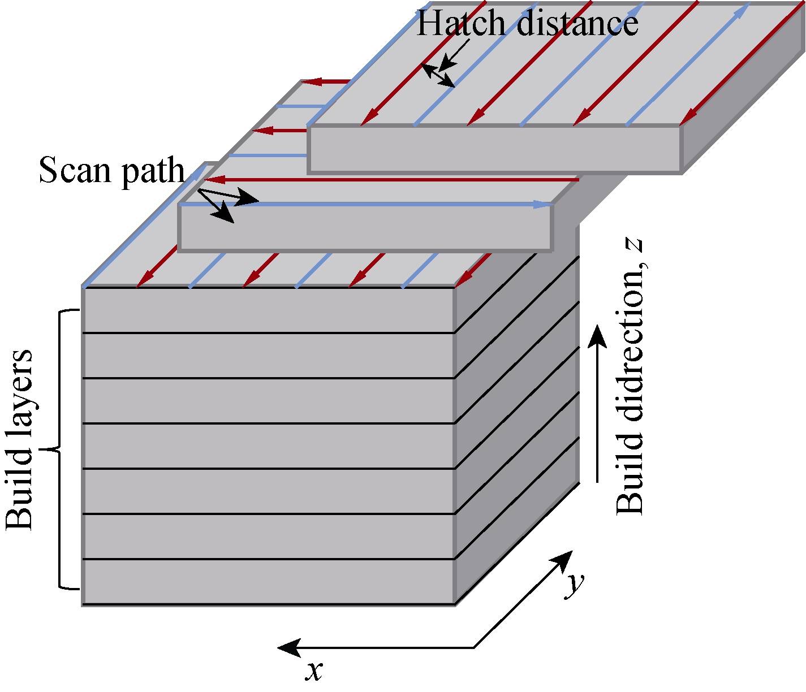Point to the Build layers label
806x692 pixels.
(20, 440)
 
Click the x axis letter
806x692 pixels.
(314, 670)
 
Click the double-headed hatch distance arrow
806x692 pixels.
(439, 76)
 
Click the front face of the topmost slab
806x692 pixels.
(494, 149)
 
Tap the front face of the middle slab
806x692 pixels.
(365, 227)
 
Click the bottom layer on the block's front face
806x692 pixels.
(268, 582)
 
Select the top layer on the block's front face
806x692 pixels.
(268, 310)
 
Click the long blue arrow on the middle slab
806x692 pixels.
(368, 204)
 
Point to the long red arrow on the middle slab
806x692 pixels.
(390, 179)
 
